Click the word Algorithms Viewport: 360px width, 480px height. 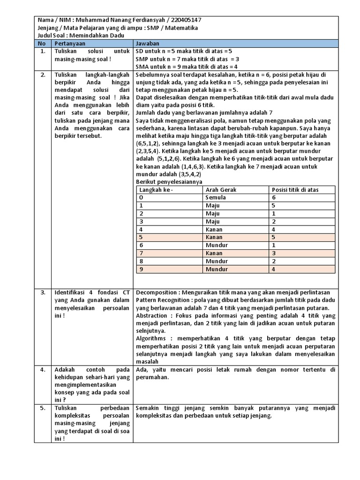(x=151, y=338)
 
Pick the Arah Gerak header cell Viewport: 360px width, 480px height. (x=221, y=189)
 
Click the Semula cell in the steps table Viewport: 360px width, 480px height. (x=216, y=197)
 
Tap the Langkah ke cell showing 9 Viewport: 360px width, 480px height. (x=141, y=269)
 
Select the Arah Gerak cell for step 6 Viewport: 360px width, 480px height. (x=217, y=245)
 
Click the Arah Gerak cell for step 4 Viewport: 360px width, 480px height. (x=215, y=229)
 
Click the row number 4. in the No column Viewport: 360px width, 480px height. (x=43, y=369)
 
